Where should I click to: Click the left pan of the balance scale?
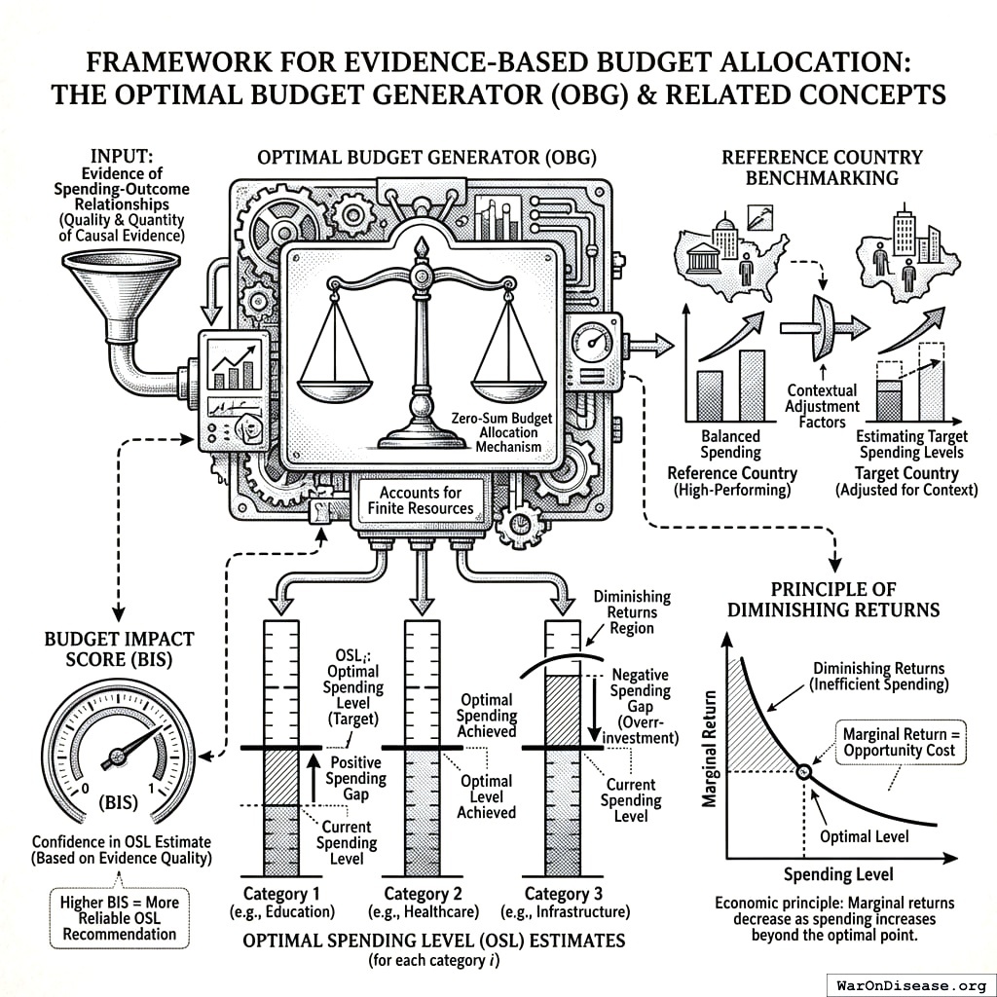(x=334, y=382)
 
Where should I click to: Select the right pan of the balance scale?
(x=508, y=382)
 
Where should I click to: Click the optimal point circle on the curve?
(x=803, y=771)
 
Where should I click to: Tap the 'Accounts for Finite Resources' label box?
(x=421, y=500)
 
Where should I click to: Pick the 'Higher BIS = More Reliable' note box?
(x=118, y=917)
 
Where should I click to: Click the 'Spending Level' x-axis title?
(x=838, y=873)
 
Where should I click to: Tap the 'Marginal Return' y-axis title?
(x=710, y=750)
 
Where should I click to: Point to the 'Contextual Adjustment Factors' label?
(x=824, y=406)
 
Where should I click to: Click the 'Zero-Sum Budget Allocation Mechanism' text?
(x=501, y=432)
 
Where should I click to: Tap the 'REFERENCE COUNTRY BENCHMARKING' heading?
(x=821, y=167)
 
